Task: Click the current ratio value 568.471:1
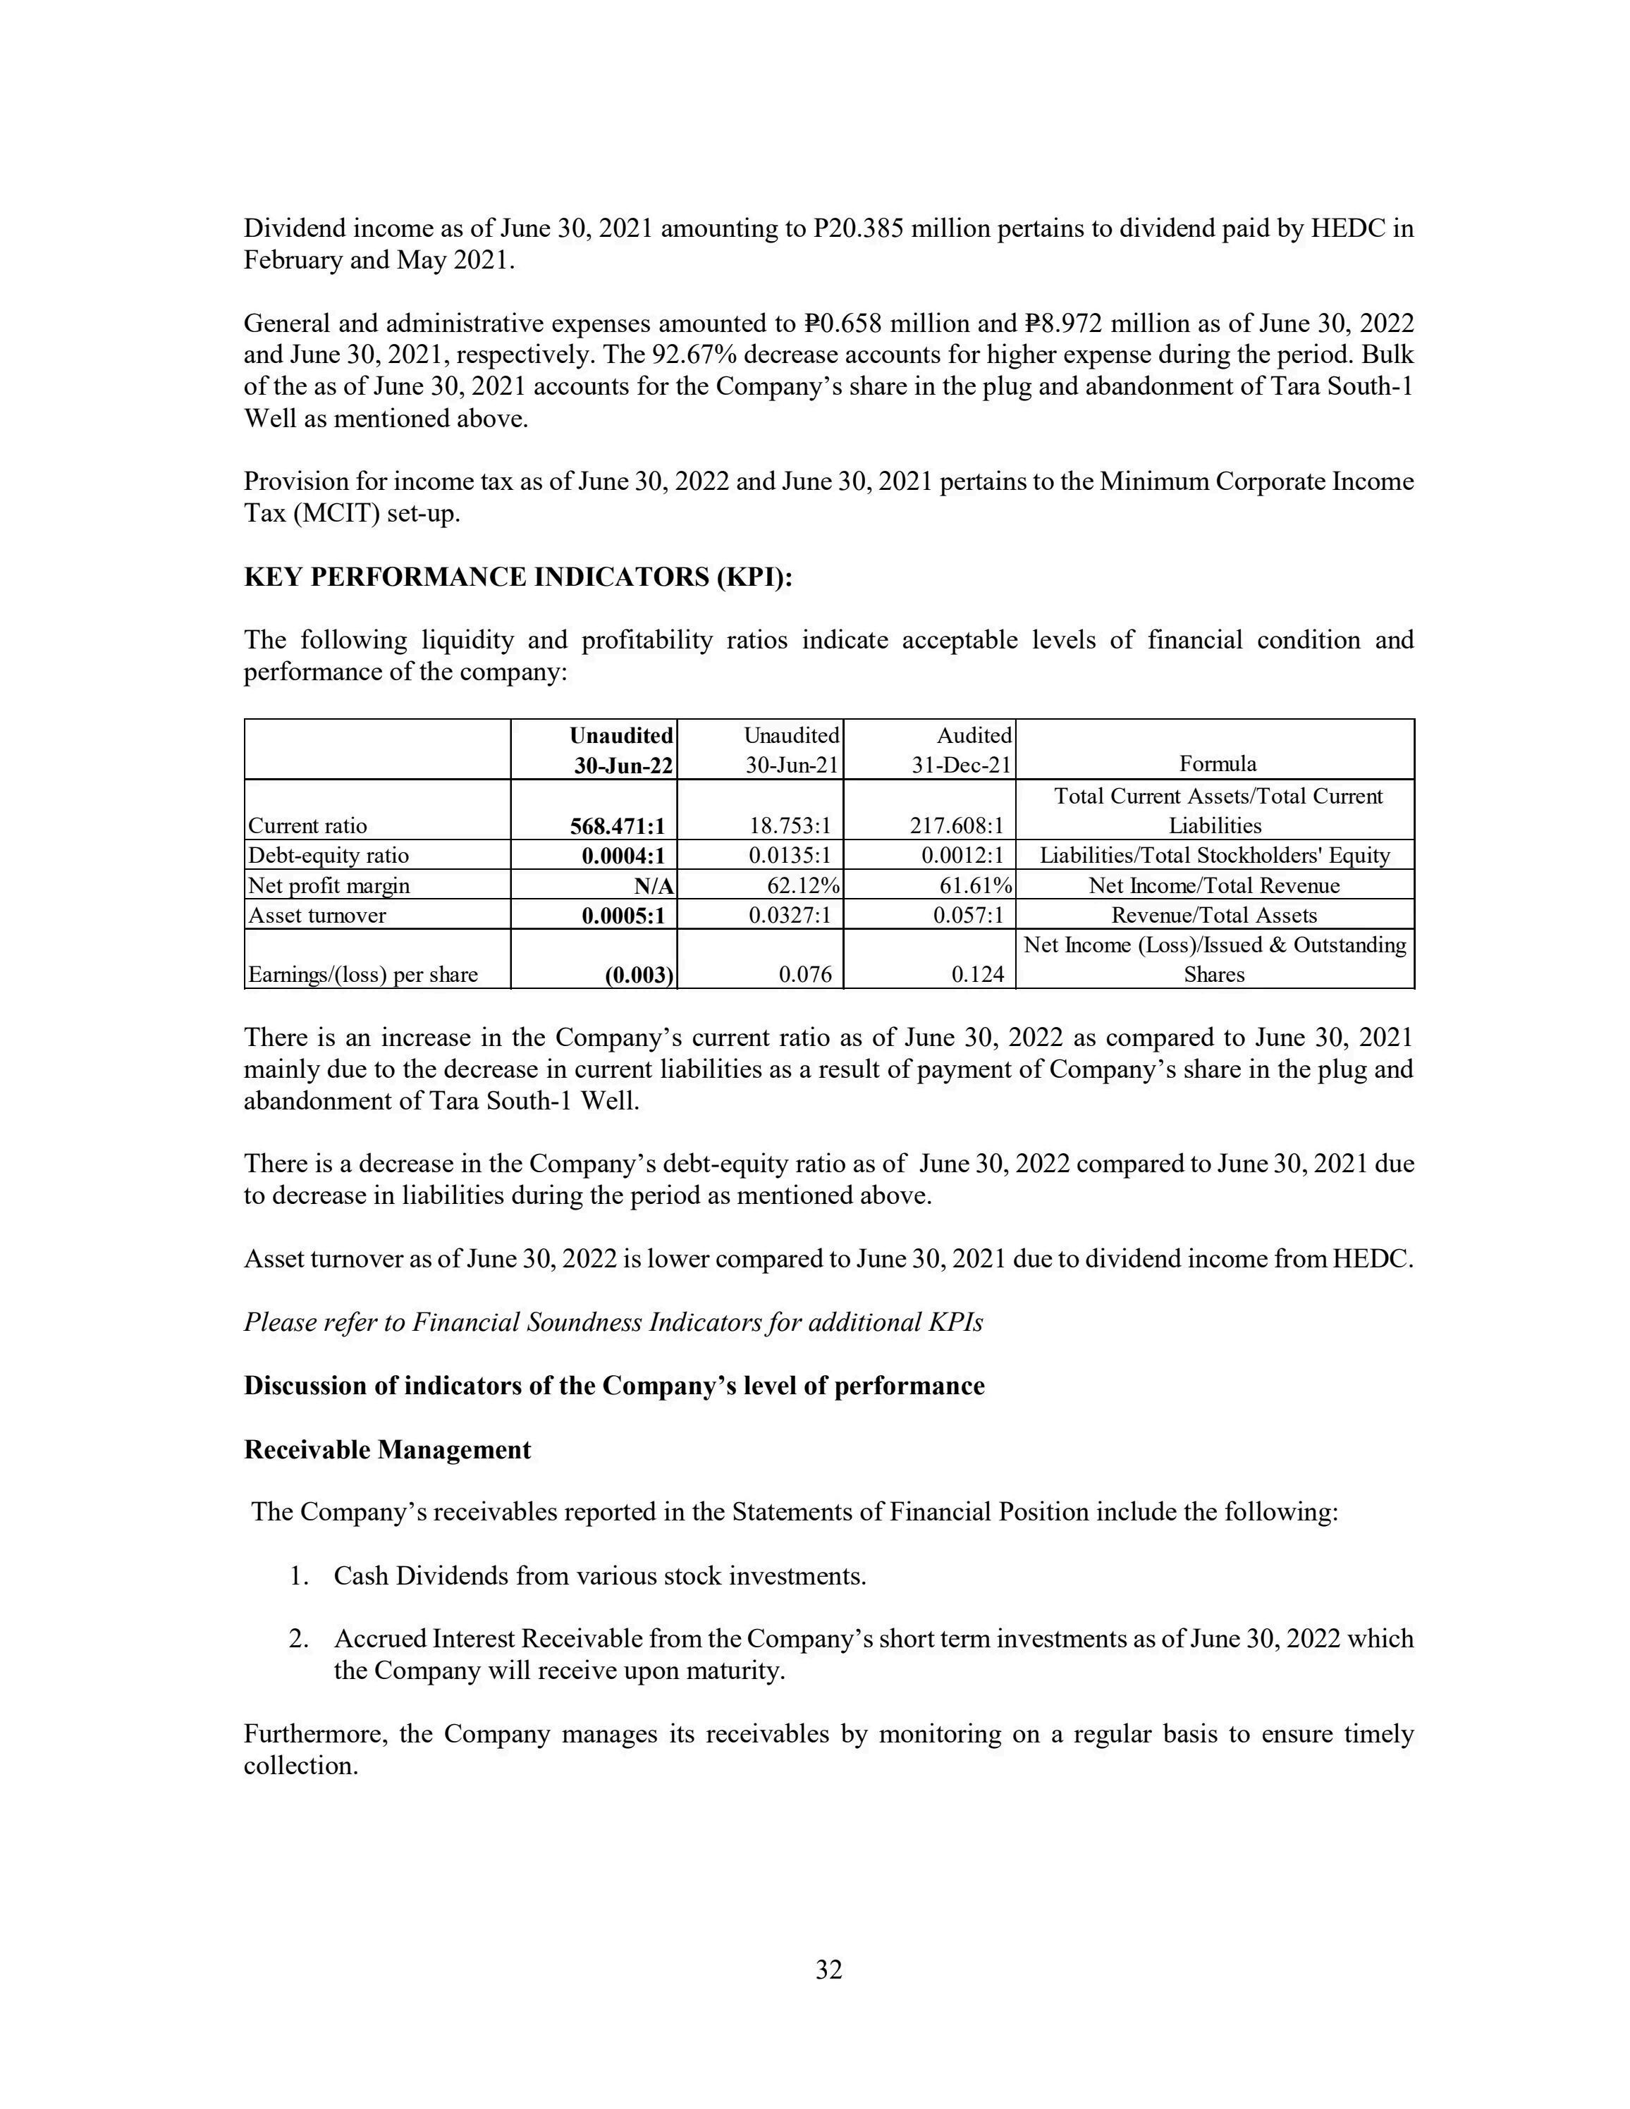617,825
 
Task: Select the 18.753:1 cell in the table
790,825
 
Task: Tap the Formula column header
1217,764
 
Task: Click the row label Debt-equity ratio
329,856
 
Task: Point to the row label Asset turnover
317,916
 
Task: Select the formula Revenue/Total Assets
1214,916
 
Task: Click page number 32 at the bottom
828,1970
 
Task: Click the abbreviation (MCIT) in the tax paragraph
327,514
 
